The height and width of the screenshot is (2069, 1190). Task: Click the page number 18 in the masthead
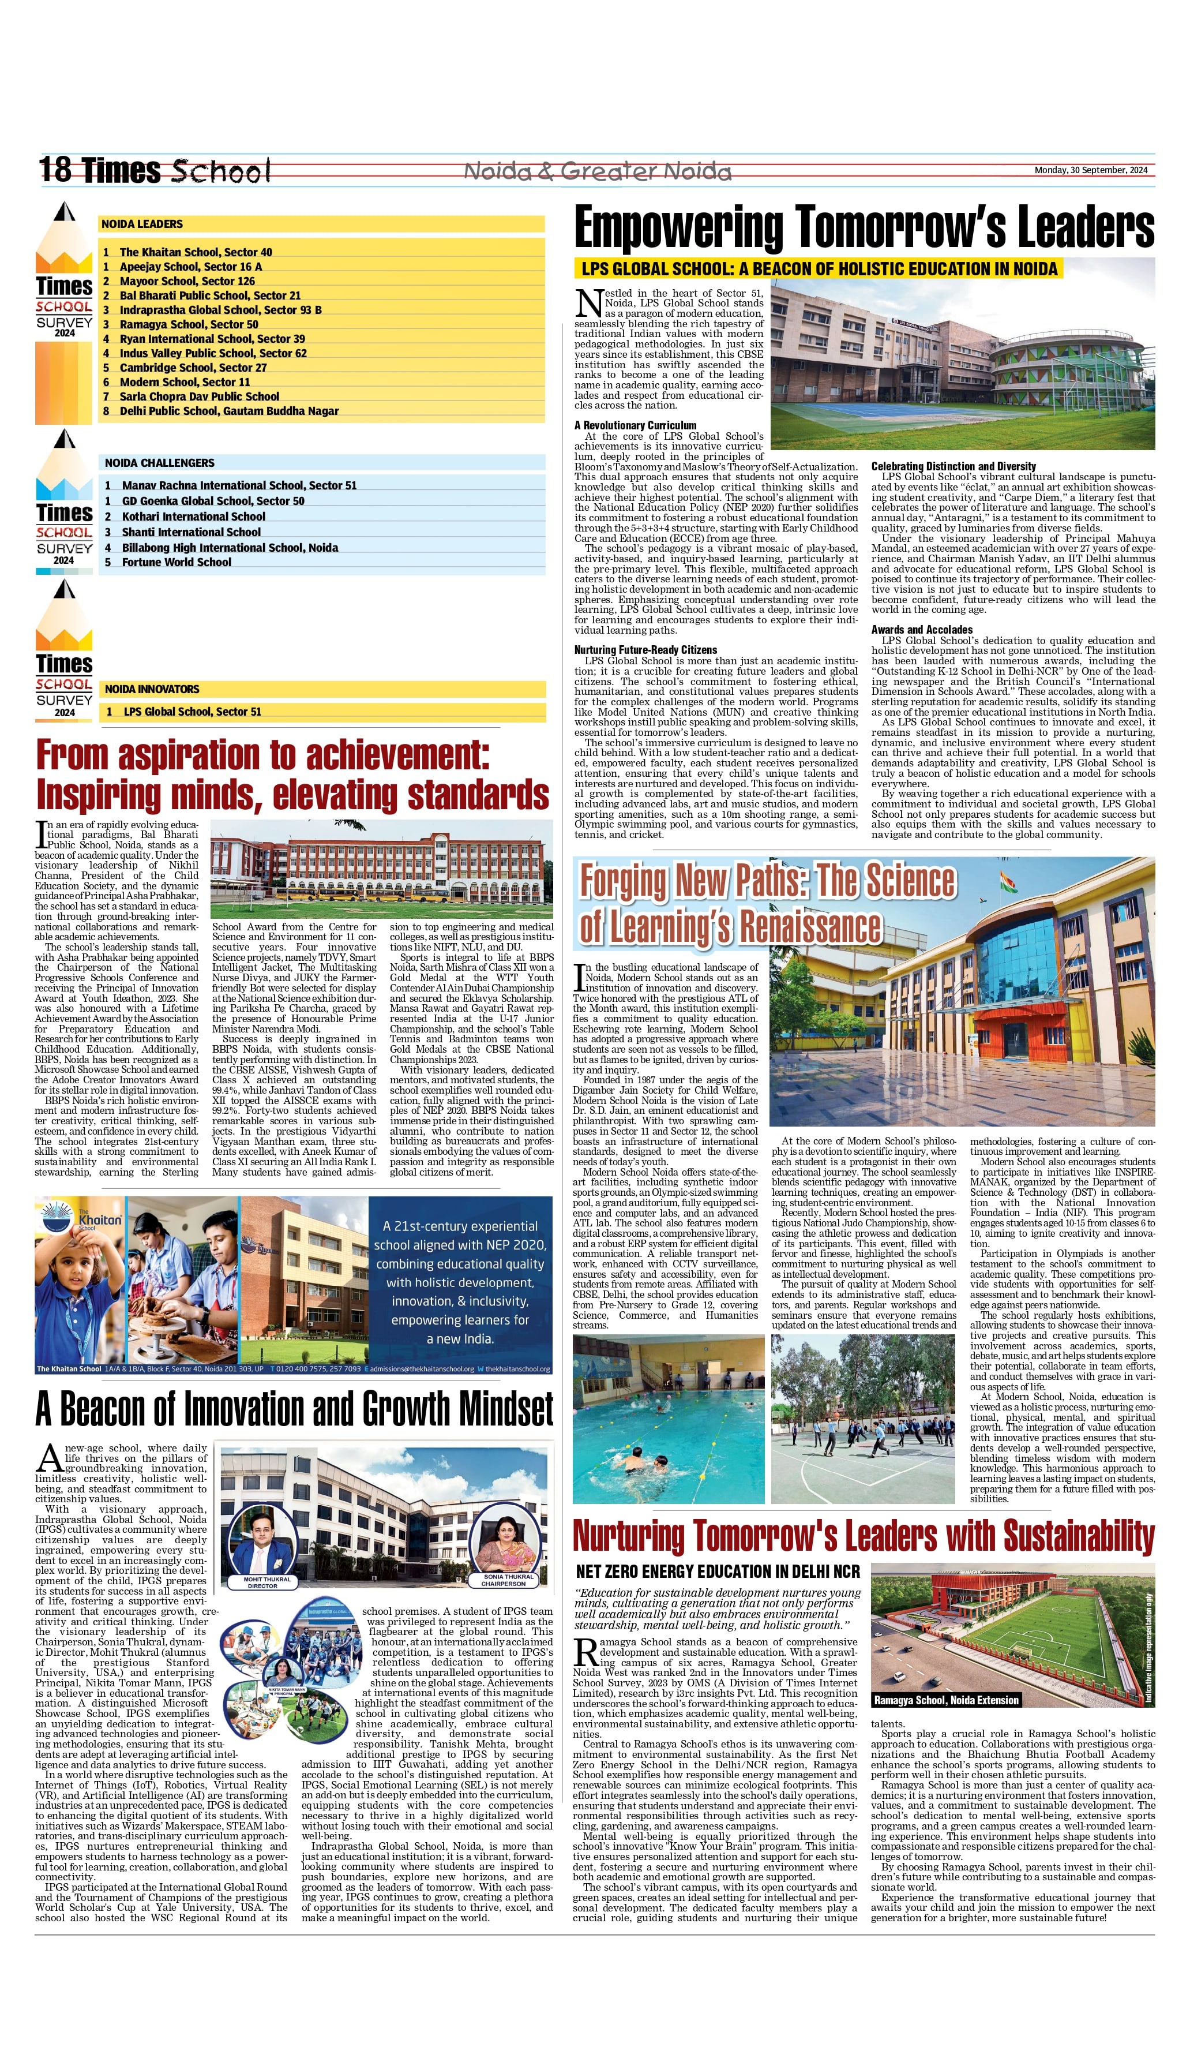coord(55,170)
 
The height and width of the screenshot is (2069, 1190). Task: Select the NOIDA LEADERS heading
coord(142,224)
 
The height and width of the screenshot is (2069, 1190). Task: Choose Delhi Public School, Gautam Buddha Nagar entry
coord(229,411)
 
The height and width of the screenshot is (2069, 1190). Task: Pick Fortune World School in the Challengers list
coord(177,563)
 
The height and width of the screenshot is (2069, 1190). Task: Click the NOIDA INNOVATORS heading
coord(152,689)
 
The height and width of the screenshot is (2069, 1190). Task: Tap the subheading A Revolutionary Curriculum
coord(635,425)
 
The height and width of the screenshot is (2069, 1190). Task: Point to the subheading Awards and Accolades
coord(921,630)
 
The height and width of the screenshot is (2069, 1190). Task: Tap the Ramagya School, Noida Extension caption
coord(947,1700)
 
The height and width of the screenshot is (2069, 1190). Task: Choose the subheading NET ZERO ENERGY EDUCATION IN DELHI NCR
coord(718,1571)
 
